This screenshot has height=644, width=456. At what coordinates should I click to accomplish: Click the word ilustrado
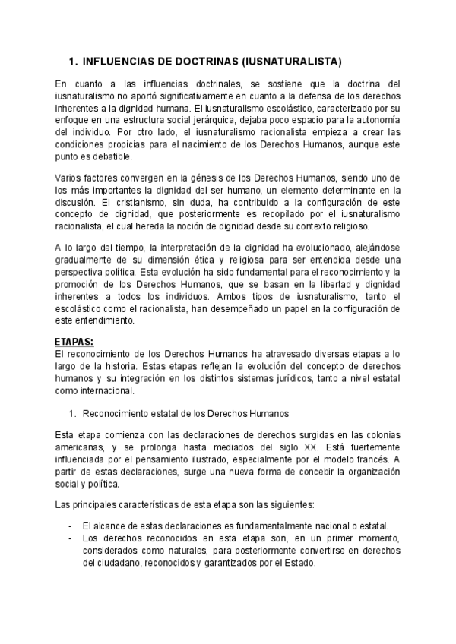(196, 459)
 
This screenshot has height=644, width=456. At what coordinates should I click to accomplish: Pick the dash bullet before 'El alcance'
(70, 526)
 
